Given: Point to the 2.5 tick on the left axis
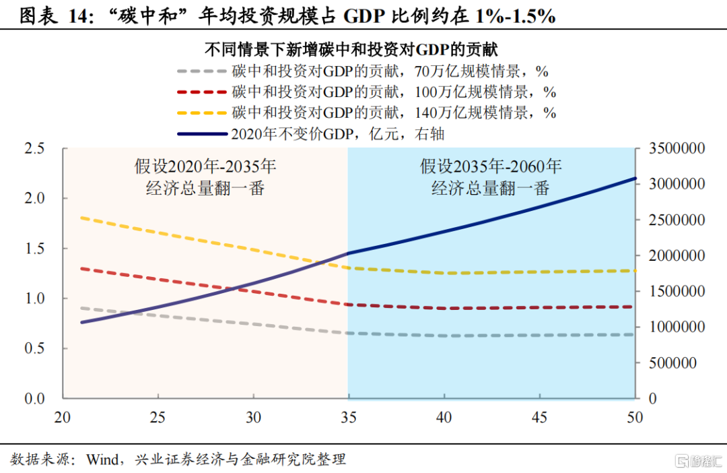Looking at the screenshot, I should tap(34, 148).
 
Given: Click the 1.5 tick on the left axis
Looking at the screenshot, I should tap(34, 249).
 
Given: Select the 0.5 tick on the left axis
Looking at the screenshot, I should tap(34, 348).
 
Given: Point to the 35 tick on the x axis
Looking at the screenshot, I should tap(348, 417).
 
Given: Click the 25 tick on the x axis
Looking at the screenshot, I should tap(158, 417).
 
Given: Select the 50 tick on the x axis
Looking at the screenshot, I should tap(634, 417).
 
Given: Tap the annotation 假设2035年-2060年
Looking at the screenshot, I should tap(491, 166).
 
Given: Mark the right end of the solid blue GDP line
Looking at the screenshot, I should tap(635, 179).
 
